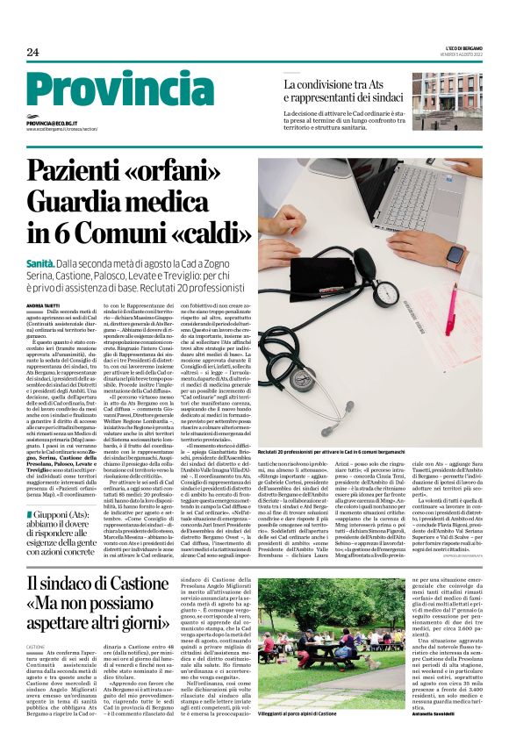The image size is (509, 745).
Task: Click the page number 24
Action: (x=33, y=53)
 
